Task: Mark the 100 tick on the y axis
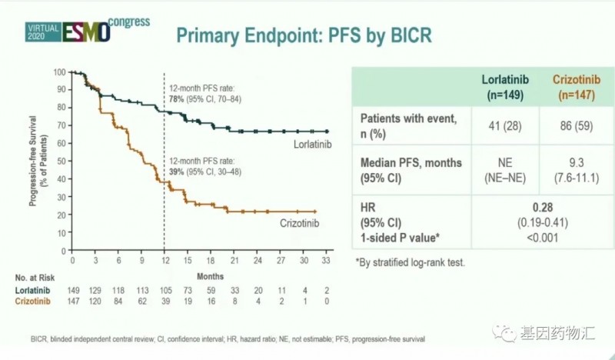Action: (59, 72)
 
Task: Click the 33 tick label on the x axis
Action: (327, 261)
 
